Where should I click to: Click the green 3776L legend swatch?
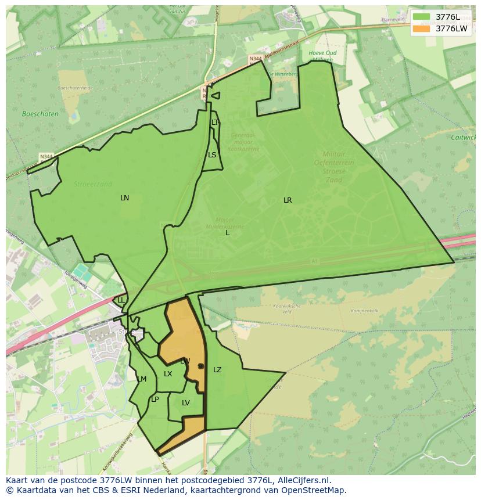click(422, 17)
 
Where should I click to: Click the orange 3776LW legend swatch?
click(422, 28)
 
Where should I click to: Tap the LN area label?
click(124, 198)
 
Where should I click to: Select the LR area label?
click(288, 200)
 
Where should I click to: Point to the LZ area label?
click(217, 370)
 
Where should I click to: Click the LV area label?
click(186, 403)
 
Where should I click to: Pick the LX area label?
click(168, 374)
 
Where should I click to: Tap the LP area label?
click(155, 400)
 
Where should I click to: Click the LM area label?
click(142, 379)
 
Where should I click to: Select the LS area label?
click(212, 155)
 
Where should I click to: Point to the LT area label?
click(215, 123)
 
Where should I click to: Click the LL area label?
click(121, 300)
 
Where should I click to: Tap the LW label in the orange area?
click(185, 361)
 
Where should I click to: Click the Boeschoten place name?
click(40, 114)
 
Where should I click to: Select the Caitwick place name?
click(463, 138)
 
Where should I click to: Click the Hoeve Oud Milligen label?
click(322, 56)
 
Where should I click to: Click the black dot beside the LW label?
click(200, 366)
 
